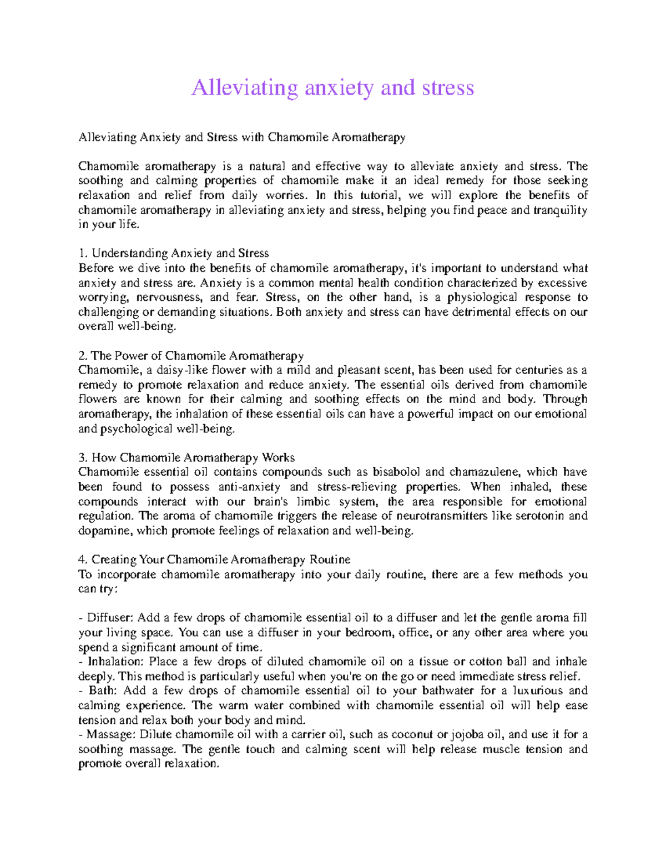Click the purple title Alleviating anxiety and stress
pyautogui.click(x=332, y=88)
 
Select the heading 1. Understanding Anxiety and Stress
pyautogui.click(x=174, y=254)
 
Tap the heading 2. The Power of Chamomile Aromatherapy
pyautogui.click(x=191, y=356)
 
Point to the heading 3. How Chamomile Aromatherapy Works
pyautogui.click(x=186, y=458)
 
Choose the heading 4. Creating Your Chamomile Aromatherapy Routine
pyautogui.click(x=214, y=559)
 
